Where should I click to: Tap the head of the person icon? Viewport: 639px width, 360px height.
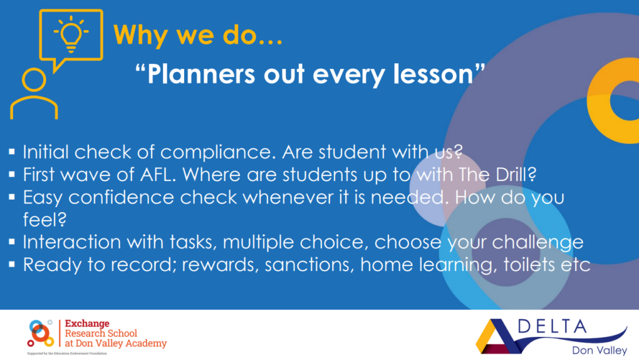pyautogui.click(x=34, y=80)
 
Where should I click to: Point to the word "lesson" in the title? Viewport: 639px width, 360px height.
pyautogui.click(x=432, y=74)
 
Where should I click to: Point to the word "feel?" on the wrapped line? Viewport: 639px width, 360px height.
pyautogui.click(x=45, y=220)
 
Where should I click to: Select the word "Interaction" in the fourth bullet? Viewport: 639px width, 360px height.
pyautogui.click(x=71, y=242)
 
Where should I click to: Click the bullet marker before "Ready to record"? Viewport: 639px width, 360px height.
pyautogui.click(x=12, y=264)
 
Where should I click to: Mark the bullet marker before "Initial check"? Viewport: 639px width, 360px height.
pyautogui.click(x=12, y=152)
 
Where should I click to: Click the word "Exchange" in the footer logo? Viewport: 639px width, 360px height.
pyautogui.click(x=87, y=324)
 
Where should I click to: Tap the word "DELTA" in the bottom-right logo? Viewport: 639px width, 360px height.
pyautogui.click(x=552, y=327)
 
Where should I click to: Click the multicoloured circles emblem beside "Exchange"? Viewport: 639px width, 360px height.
pyautogui.click(x=40, y=333)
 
